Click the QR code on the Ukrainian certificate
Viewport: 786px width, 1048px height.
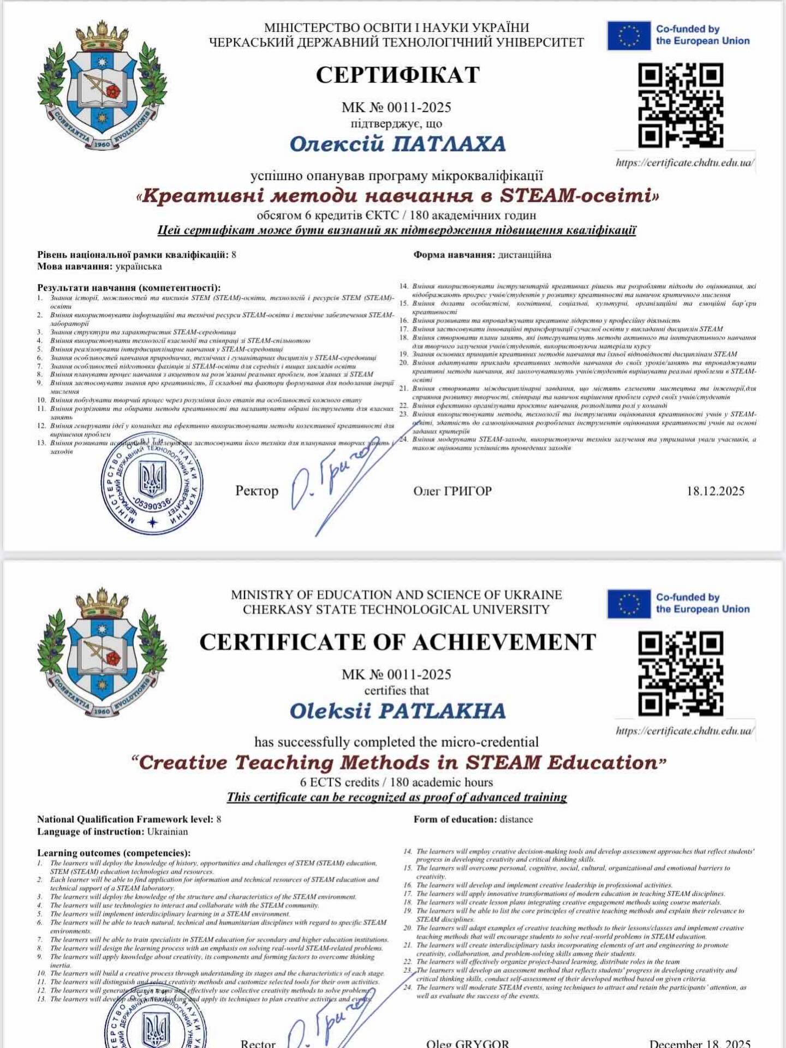681,106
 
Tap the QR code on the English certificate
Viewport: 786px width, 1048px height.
681,674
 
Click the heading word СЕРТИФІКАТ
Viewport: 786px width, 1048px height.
397,75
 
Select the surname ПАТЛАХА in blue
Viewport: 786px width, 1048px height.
449,144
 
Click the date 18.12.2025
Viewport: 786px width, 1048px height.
715,491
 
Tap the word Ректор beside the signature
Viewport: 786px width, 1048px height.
257,491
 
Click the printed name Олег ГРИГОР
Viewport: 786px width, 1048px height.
452,491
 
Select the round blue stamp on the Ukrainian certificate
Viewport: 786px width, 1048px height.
152,484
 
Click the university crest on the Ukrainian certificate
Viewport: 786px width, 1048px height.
102,86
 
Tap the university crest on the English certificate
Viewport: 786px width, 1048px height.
102,653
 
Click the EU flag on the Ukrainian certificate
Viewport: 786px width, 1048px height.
629,35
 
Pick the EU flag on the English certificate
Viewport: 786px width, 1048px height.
629,604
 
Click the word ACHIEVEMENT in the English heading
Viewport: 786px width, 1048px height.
504,642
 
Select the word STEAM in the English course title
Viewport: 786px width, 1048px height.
503,763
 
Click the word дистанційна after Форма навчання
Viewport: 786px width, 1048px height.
525,255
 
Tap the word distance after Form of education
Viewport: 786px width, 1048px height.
516,819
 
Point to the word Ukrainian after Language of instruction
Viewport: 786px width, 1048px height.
167,832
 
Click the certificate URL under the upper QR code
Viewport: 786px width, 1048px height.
685,163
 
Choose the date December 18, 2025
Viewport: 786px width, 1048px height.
700,1043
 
